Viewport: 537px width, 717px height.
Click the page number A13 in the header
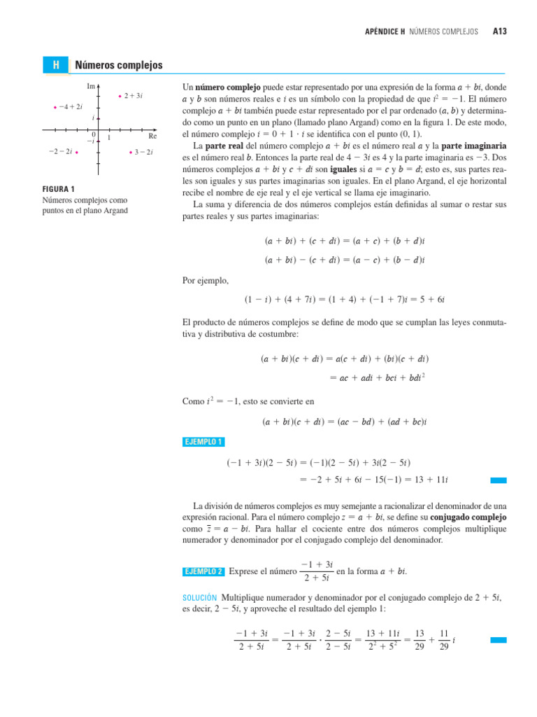point(499,32)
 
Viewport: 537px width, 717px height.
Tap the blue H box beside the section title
point(55,65)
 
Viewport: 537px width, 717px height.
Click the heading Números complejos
point(118,65)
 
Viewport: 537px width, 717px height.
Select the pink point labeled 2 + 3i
point(120,95)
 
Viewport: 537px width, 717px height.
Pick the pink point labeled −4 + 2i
point(55,107)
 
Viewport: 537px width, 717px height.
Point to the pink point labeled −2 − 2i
point(76,152)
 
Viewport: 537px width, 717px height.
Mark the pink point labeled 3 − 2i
point(131,152)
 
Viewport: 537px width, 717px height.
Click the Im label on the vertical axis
point(91,86)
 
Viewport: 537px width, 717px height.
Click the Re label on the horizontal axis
point(152,137)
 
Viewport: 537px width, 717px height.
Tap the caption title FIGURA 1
point(59,188)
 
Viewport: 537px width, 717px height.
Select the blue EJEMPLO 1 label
point(203,442)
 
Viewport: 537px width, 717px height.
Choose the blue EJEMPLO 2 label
point(203,571)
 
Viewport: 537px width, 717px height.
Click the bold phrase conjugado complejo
point(470,516)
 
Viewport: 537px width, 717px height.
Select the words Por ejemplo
point(205,281)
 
